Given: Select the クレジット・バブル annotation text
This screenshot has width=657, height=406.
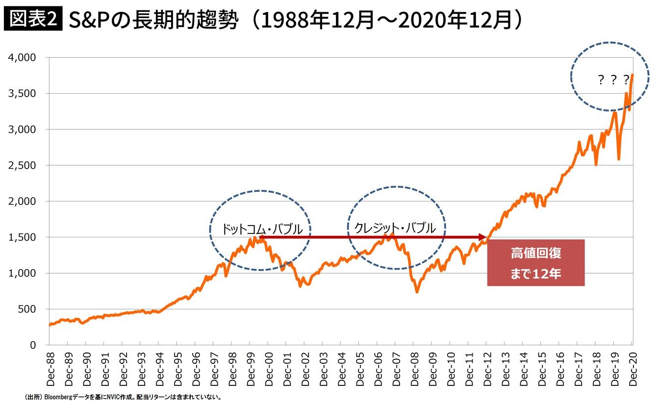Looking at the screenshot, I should pos(395,228).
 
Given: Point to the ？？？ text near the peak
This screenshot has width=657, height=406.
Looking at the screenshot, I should pos(613,80).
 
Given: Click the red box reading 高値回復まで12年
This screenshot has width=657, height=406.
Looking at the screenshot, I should pos(535,263).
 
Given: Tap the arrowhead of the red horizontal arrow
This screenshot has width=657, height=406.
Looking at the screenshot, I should pos(488,237).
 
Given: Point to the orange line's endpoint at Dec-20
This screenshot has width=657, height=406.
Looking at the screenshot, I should pos(632,75).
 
